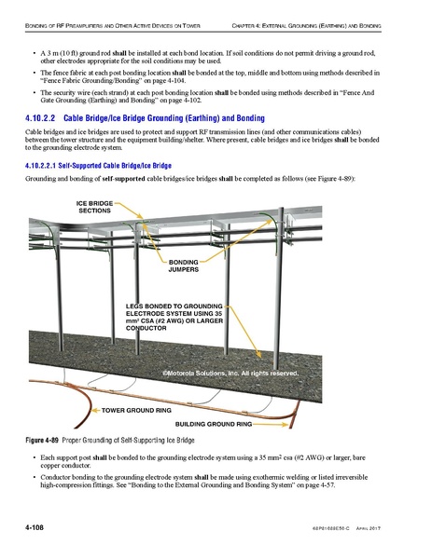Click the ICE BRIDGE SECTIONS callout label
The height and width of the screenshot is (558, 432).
click(93, 207)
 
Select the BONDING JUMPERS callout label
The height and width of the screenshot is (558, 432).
click(184, 267)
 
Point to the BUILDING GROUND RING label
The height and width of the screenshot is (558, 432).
click(214, 424)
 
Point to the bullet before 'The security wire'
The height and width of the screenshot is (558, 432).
click(35, 94)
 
